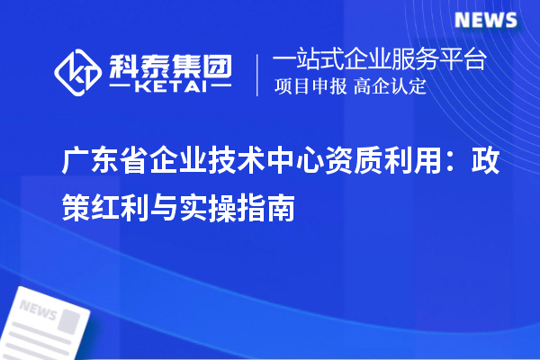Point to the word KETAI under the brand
[x=170, y=89]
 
